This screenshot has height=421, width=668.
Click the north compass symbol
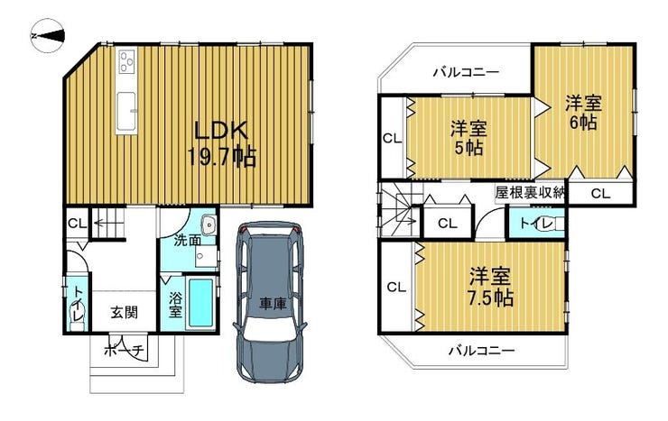(x=47, y=36)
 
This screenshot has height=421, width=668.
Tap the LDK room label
(x=221, y=131)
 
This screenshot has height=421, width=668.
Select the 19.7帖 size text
(x=221, y=157)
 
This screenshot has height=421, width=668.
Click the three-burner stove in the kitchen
(x=127, y=61)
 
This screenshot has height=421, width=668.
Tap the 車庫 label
(x=274, y=304)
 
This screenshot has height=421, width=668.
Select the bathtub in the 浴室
(x=200, y=302)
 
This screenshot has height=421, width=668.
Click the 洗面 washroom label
(x=188, y=241)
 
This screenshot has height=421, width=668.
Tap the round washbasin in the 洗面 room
(x=209, y=224)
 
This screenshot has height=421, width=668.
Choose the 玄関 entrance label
(x=125, y=313)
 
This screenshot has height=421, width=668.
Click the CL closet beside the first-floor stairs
(x=77, y=224)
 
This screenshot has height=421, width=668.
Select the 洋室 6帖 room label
(x=583, y=113)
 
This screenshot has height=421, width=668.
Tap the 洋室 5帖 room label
(x=469, y=138)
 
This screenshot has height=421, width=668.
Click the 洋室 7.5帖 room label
(x=490, y=288)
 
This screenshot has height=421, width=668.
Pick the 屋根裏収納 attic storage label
(x=530, y=193)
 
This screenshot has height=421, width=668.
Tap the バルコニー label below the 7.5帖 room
(x=482, y=352)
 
